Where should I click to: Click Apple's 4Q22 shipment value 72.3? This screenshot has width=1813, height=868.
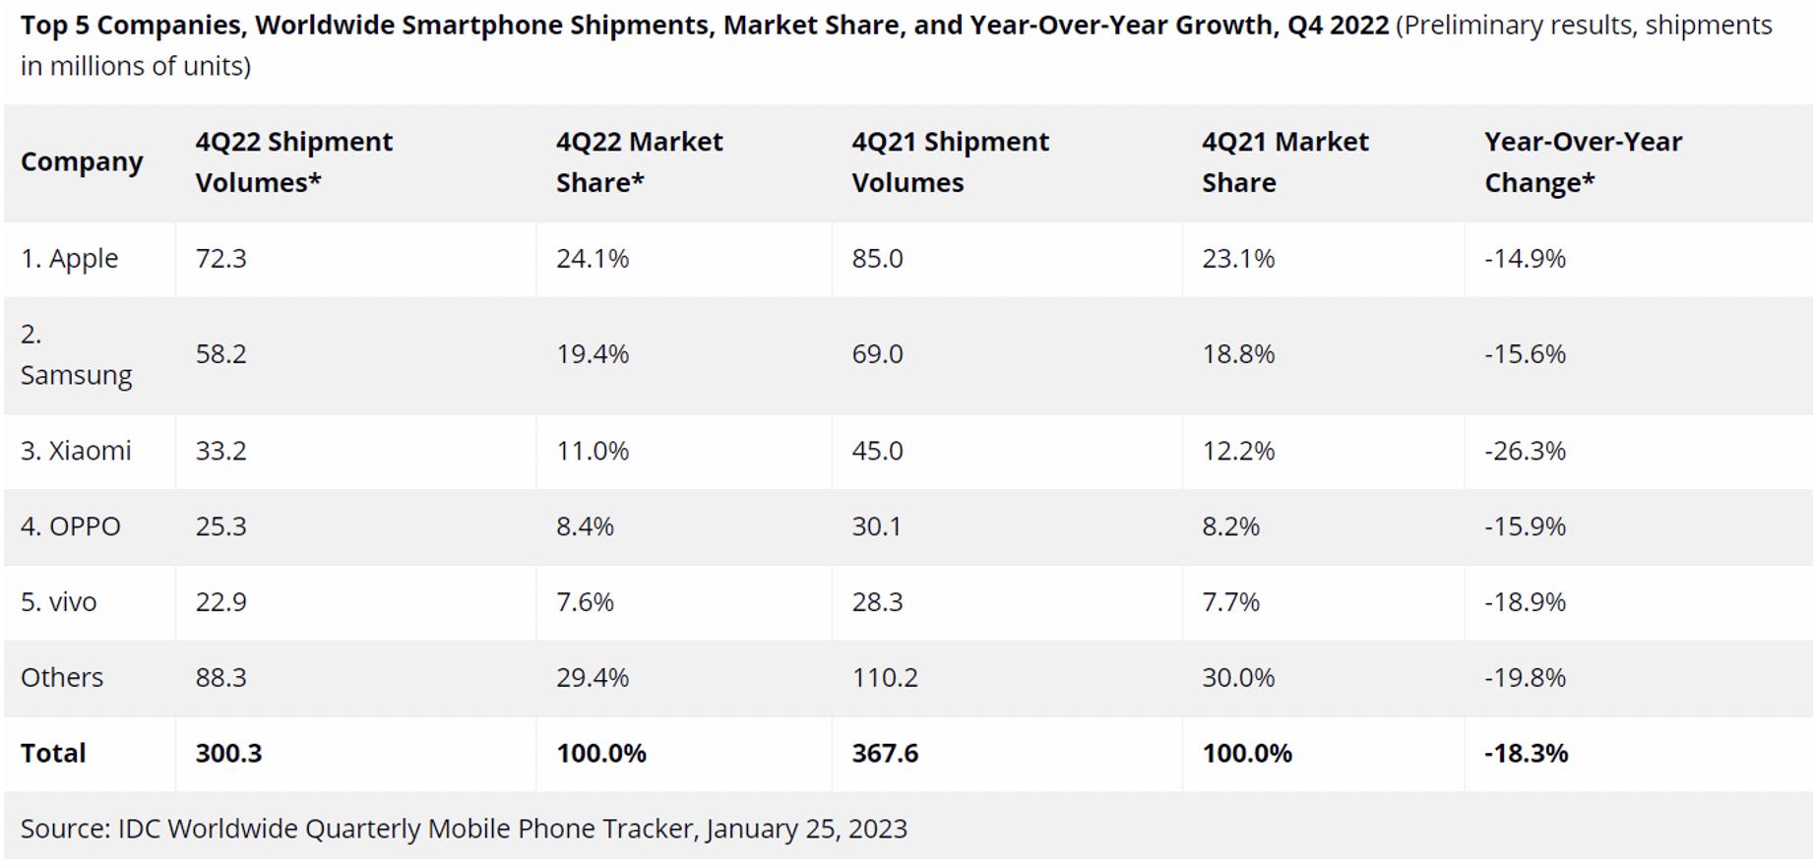[220, 259]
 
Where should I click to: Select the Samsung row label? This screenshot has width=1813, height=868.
[75, 355]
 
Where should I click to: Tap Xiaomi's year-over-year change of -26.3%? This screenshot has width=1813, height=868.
[1525, 451]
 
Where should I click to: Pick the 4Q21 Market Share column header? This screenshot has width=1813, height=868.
[1284, 162]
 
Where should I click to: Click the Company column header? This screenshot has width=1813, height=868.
[82, 162]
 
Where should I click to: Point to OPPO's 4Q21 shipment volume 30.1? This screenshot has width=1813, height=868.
[876, 527]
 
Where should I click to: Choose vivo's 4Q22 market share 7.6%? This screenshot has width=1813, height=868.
[585, 602]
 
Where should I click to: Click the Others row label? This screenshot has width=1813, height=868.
[61, 678]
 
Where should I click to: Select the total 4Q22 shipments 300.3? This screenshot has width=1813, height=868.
[228, 754]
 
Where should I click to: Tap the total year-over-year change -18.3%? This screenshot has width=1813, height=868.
[1526, 754]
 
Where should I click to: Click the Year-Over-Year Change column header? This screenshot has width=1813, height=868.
[1583, 162]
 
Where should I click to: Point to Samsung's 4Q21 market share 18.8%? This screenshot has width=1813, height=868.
[1237, 354]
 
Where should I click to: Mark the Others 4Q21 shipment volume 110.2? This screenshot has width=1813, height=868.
[884, 678]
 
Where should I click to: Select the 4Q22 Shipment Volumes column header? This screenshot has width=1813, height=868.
[293, 162]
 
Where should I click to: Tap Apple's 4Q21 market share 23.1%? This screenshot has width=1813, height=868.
[1237, 259]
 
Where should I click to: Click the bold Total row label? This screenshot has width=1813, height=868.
[53, 754]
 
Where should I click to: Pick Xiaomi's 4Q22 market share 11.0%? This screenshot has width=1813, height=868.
[592, 451]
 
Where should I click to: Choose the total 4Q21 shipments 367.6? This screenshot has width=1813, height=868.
[884, 754]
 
